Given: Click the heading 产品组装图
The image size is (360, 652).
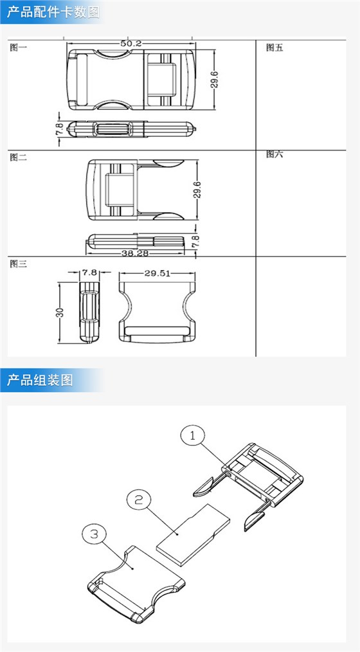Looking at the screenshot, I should pyautogui.click(x=40, y=380).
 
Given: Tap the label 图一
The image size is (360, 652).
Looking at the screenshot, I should pyautogui.click(x=18, y=48).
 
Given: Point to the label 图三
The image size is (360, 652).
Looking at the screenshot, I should pyautogui.click(x=18, y=264).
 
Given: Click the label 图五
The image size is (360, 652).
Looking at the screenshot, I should pyautogui.click(x=274, y=48).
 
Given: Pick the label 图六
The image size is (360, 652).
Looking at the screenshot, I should pyautogui.click(x=274, y=154).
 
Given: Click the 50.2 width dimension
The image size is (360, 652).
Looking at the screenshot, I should pyautogui.click(x=130, y=43).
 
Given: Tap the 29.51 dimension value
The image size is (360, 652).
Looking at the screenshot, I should pyautogui.click(x=157, y=273).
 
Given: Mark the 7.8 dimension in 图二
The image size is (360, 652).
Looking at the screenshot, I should pyautogui.click(x=196, y=241).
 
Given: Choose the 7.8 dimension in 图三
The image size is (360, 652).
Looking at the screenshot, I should pyautogui.click(x=89, y=273).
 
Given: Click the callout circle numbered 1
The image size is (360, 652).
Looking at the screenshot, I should pyautogui.click(x=193, y=435).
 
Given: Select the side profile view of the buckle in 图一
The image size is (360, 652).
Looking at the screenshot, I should pyautogui.click(x=132, y=129).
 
